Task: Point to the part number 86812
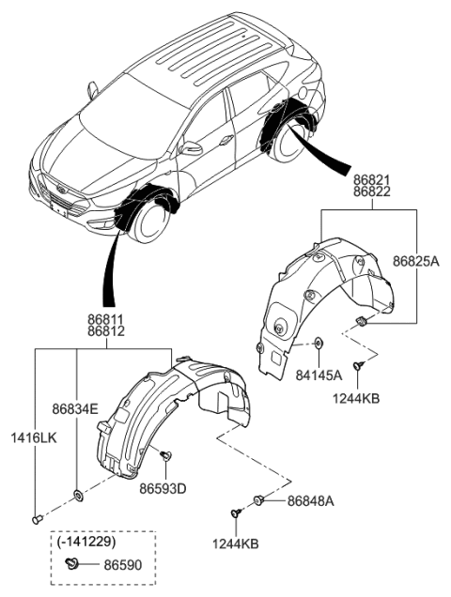[x=106, y=332]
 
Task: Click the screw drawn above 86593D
[x=165, y=455]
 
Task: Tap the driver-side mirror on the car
[x=193, y=148]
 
